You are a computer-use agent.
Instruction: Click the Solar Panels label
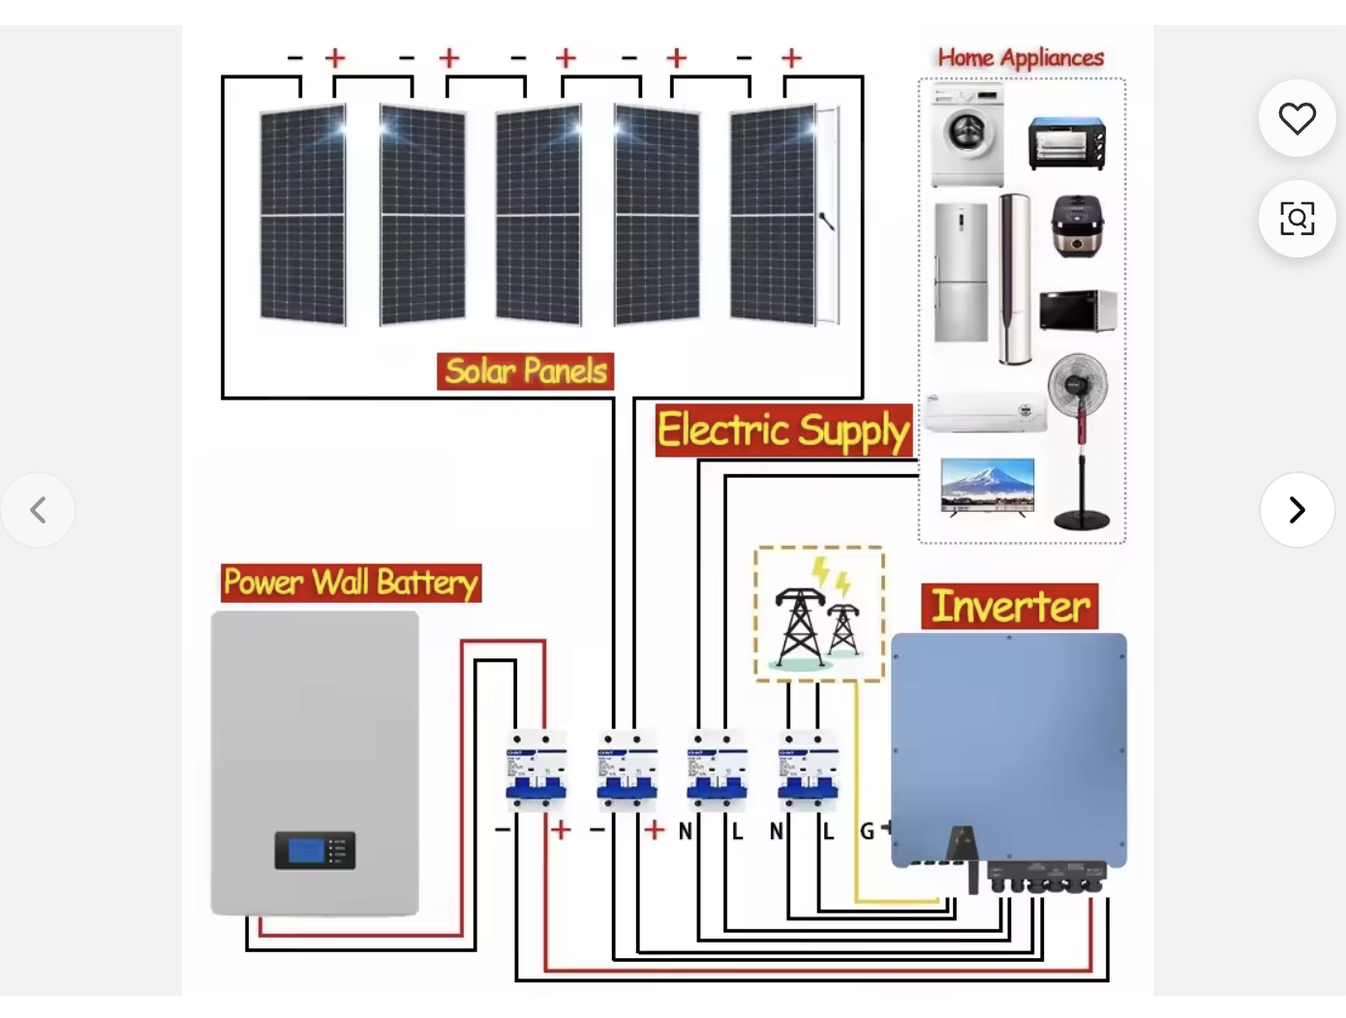tap(526, 371)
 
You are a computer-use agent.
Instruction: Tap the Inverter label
tap(1010, 607)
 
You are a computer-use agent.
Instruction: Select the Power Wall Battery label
tap(351, 583)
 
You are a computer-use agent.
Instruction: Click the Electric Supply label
tap(783, 431)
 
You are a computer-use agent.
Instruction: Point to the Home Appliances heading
tap(1021, 58)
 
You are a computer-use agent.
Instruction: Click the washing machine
tap(967, 135)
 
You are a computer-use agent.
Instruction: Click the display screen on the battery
tap(307, 851)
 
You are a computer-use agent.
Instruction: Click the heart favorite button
tap(1297, 119)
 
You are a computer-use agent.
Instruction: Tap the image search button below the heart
tap(1297, 219)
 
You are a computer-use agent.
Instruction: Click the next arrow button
tap(1297, 510)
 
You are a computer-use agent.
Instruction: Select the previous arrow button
tap(39, 510)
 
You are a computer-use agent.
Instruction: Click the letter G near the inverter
tap(868, 831)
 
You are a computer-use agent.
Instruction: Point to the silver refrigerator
tap(961, 273)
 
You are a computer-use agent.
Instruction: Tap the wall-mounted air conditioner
tap(985, 412)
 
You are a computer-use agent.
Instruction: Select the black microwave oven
tap(1078, 311)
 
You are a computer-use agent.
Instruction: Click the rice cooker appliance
tap(1077, 227)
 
